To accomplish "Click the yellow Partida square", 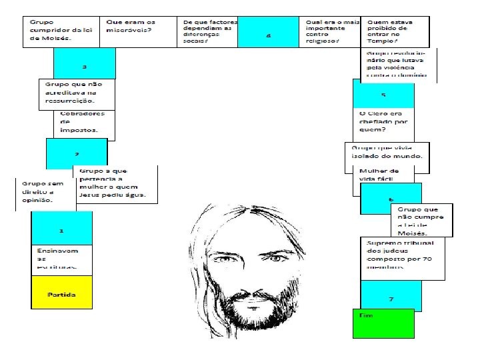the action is pyautogui.click(x=61, y=294).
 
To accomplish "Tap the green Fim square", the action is pyautogui.click(x=383, y=323).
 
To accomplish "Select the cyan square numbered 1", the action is pyautogui.click(x=61, y=230).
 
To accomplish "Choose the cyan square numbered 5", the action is pyautogui.click(x=383, y=94).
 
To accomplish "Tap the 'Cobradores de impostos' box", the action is pyautogui.click(x=81, y=123).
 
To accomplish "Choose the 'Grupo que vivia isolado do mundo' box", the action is pyautogui.click(x=386, y=155).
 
